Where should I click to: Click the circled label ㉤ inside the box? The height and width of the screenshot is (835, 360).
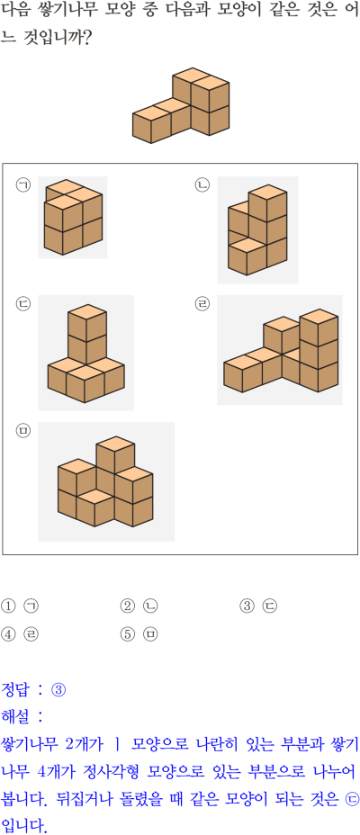[23, 430]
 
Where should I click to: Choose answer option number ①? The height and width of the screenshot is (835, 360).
[7, 606]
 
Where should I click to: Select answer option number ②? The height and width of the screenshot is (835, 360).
[127, 606]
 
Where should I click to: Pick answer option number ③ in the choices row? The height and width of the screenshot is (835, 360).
[247, 606]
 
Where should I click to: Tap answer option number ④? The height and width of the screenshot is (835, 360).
[7, 633]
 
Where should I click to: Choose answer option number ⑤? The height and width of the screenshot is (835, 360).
[127, 633]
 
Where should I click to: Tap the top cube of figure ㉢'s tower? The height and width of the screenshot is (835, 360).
[86, 319]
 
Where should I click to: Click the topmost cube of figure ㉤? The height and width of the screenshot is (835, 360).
[115, 452]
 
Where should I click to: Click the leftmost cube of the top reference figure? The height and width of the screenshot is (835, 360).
[152, 124]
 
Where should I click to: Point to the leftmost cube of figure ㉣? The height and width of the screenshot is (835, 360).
[242, 373]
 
